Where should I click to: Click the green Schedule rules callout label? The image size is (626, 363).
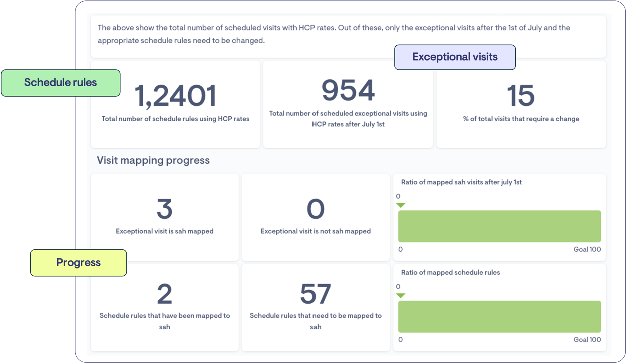click(60, 83)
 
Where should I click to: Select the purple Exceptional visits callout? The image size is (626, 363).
click(455, 57)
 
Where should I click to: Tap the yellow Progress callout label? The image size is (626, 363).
click(78, 263)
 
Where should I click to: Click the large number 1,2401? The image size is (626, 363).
click(175, 95)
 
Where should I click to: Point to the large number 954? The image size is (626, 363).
click(348, 91)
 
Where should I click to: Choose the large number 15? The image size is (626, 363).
click(521, 95)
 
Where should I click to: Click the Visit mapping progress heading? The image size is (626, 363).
click(153, 160)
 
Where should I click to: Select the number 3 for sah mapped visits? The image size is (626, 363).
click(164, 209)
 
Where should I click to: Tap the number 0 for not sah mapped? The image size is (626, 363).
click(316, 209)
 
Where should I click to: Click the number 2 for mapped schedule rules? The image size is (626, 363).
click(164, 294)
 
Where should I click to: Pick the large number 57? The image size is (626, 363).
click(316, 294)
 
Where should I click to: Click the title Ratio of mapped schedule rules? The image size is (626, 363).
click(450, 272)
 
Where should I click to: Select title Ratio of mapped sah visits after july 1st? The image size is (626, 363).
click(461, 182)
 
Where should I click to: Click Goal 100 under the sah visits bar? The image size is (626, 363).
click(587, 249)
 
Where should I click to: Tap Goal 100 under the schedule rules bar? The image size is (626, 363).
click(587, 340)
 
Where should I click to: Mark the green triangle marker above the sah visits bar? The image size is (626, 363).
click(401, 205)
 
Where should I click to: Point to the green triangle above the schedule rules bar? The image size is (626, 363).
click(401, 295)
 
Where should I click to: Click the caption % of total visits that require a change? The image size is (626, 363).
click(521, 119)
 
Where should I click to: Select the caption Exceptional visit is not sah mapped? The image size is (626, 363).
click(316, 231)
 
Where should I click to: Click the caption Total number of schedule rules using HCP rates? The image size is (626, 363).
click(175, 119)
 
